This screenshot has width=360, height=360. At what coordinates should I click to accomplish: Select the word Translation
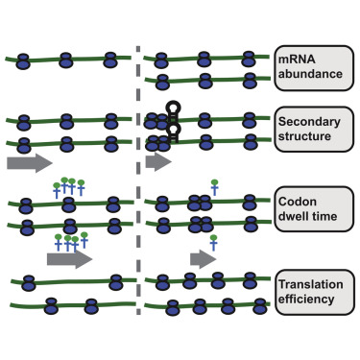coord(309,283)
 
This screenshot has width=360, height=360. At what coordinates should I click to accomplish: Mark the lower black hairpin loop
coord(174,128)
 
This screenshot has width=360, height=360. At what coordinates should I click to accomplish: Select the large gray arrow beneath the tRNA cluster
coord(70,258)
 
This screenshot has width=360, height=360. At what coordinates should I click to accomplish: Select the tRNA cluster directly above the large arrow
coord(71,240)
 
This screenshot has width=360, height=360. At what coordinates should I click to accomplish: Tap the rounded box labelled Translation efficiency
coord(309,291)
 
